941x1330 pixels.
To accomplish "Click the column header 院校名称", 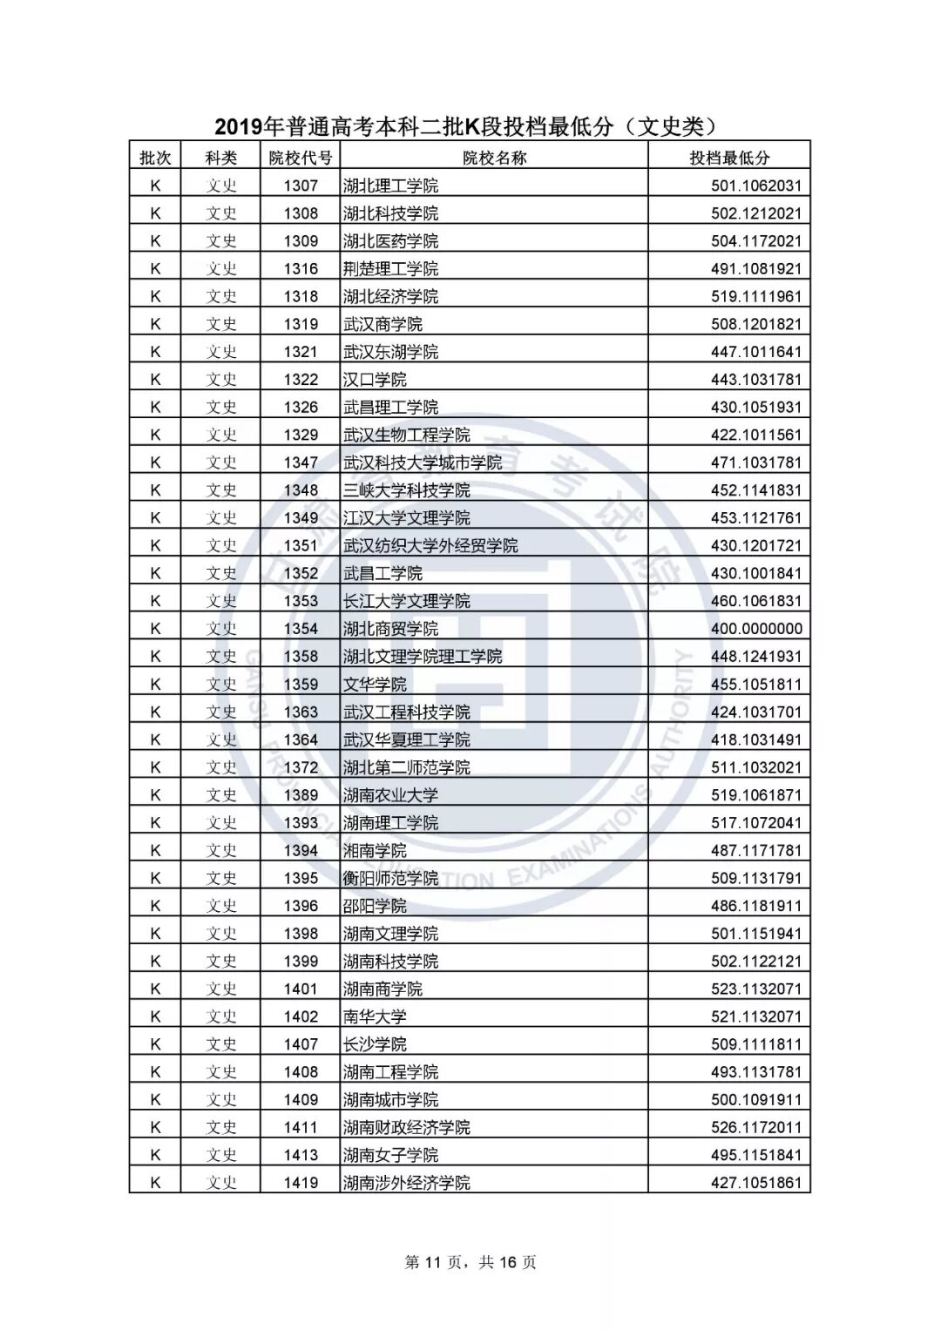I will (x=494, y=158).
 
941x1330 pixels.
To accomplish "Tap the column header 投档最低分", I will (x=729, y=158).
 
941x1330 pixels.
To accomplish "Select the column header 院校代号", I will (x=301, y=158).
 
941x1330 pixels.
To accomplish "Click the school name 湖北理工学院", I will (x=390, y=186).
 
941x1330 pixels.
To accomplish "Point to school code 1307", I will (x=301, y=186).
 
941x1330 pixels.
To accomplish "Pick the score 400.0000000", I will (x=755, y=629).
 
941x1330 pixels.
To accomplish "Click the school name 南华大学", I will (x=375, y=1016).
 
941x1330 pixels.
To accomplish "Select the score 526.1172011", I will (x=755, y=1127).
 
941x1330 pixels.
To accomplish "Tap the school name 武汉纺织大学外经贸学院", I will (x=430, y=545).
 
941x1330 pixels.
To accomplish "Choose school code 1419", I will (x=301, y=1183).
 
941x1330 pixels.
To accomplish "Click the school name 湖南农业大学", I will (x=390, y=795).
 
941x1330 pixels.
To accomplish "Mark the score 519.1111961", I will (x=755, y=296).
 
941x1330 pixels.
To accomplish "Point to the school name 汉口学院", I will (x=375, y=380).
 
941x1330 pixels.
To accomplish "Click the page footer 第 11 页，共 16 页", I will (x=470, y=1262).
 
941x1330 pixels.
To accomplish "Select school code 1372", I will (x=301, y=767).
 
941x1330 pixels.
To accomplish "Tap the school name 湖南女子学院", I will (x=390, y=1155).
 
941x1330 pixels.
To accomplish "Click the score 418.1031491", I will (x=755, y=739).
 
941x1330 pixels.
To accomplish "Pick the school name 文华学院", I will (x=375, y=684).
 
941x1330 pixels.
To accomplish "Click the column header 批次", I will (x=155, y=158).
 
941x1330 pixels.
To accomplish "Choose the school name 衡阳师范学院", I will (x=390, y=878).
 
